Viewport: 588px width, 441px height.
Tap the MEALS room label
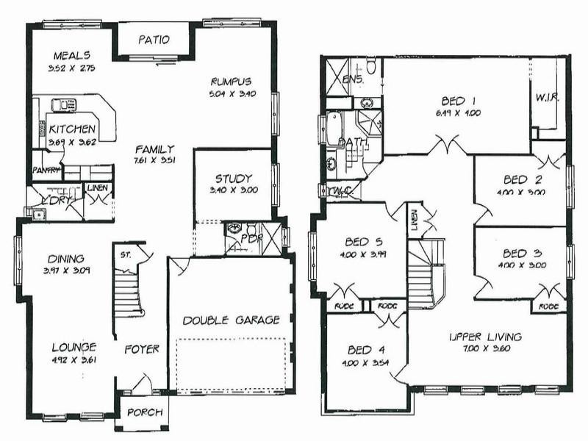[x=72, y=55]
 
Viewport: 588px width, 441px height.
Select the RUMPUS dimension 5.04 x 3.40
[x=232, y=94]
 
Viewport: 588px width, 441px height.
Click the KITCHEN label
[x=72, y=129]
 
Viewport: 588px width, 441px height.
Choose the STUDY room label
[x=234, y=179]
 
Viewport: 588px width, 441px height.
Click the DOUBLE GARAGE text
[x=232, y=320]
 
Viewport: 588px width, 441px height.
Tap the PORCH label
[x=145, y=412]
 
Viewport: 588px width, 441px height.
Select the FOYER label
[x=141, y=349]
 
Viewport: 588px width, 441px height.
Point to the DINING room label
[x=67, y=259]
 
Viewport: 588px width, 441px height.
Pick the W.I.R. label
[x=548, y=96]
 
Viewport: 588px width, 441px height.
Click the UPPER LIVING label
[x=485, y=337]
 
